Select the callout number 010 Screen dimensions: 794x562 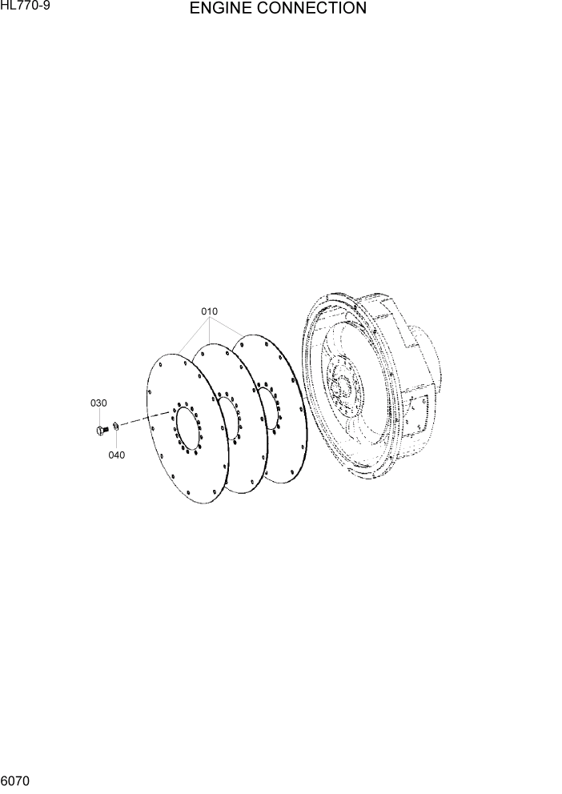(x=209, y=311)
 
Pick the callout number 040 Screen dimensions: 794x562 (x=117, y=455)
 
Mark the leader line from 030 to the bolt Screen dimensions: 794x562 (x=99, y=416)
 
